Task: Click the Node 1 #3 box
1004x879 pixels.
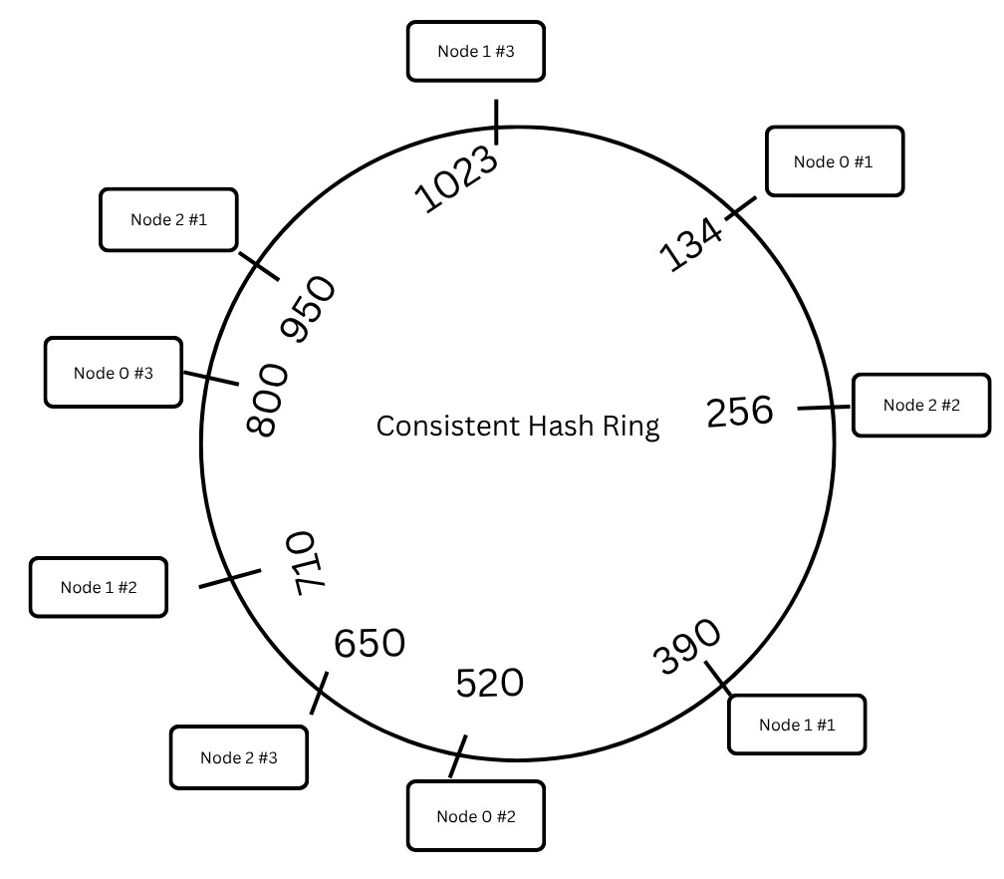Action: pyautogui.click(x=476, y=52)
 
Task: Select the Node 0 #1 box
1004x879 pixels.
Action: pyautogui.click(x=834, y=161)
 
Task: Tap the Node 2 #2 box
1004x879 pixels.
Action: pyautogui.click(x=921, y=405)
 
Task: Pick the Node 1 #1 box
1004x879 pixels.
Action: pyautogui.click(x=797, y=725)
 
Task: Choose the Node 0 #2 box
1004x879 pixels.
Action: pyautogui.click(x=476, y=817)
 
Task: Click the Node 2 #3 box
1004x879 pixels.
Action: pyautogui.click(x=239, y=757)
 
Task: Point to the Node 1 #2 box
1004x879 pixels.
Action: pyautogui.click(x=99, y=587)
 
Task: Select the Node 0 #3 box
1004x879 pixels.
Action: pyautogui.click(x=114, y=373)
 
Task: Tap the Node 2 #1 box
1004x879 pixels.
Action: pyautogui.click(x=168, y=219)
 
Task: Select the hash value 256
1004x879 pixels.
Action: pyautogui.click(x=740, y=411)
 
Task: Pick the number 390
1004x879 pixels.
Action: pyautogui.click(x=686, y=647)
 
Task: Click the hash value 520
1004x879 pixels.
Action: pyautogui.click(x=489, y=684)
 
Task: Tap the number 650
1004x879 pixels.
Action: pyautogui.click(x=370, y=643)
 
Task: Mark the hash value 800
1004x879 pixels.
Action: pyautogui.click(x=267, y=400)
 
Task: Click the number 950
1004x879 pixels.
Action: pyautogui.click(x=310, y=310)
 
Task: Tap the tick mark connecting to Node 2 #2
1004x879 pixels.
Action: pyautogui.click(x=825, y=408)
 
